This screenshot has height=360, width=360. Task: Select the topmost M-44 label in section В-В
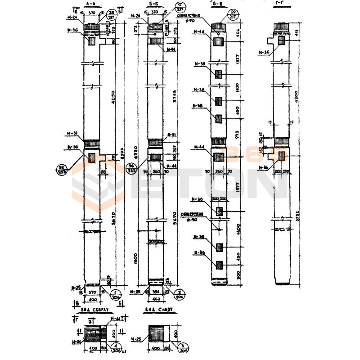[x=198, y=31]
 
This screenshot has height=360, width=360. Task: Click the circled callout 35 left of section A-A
[x=61, y=169]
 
